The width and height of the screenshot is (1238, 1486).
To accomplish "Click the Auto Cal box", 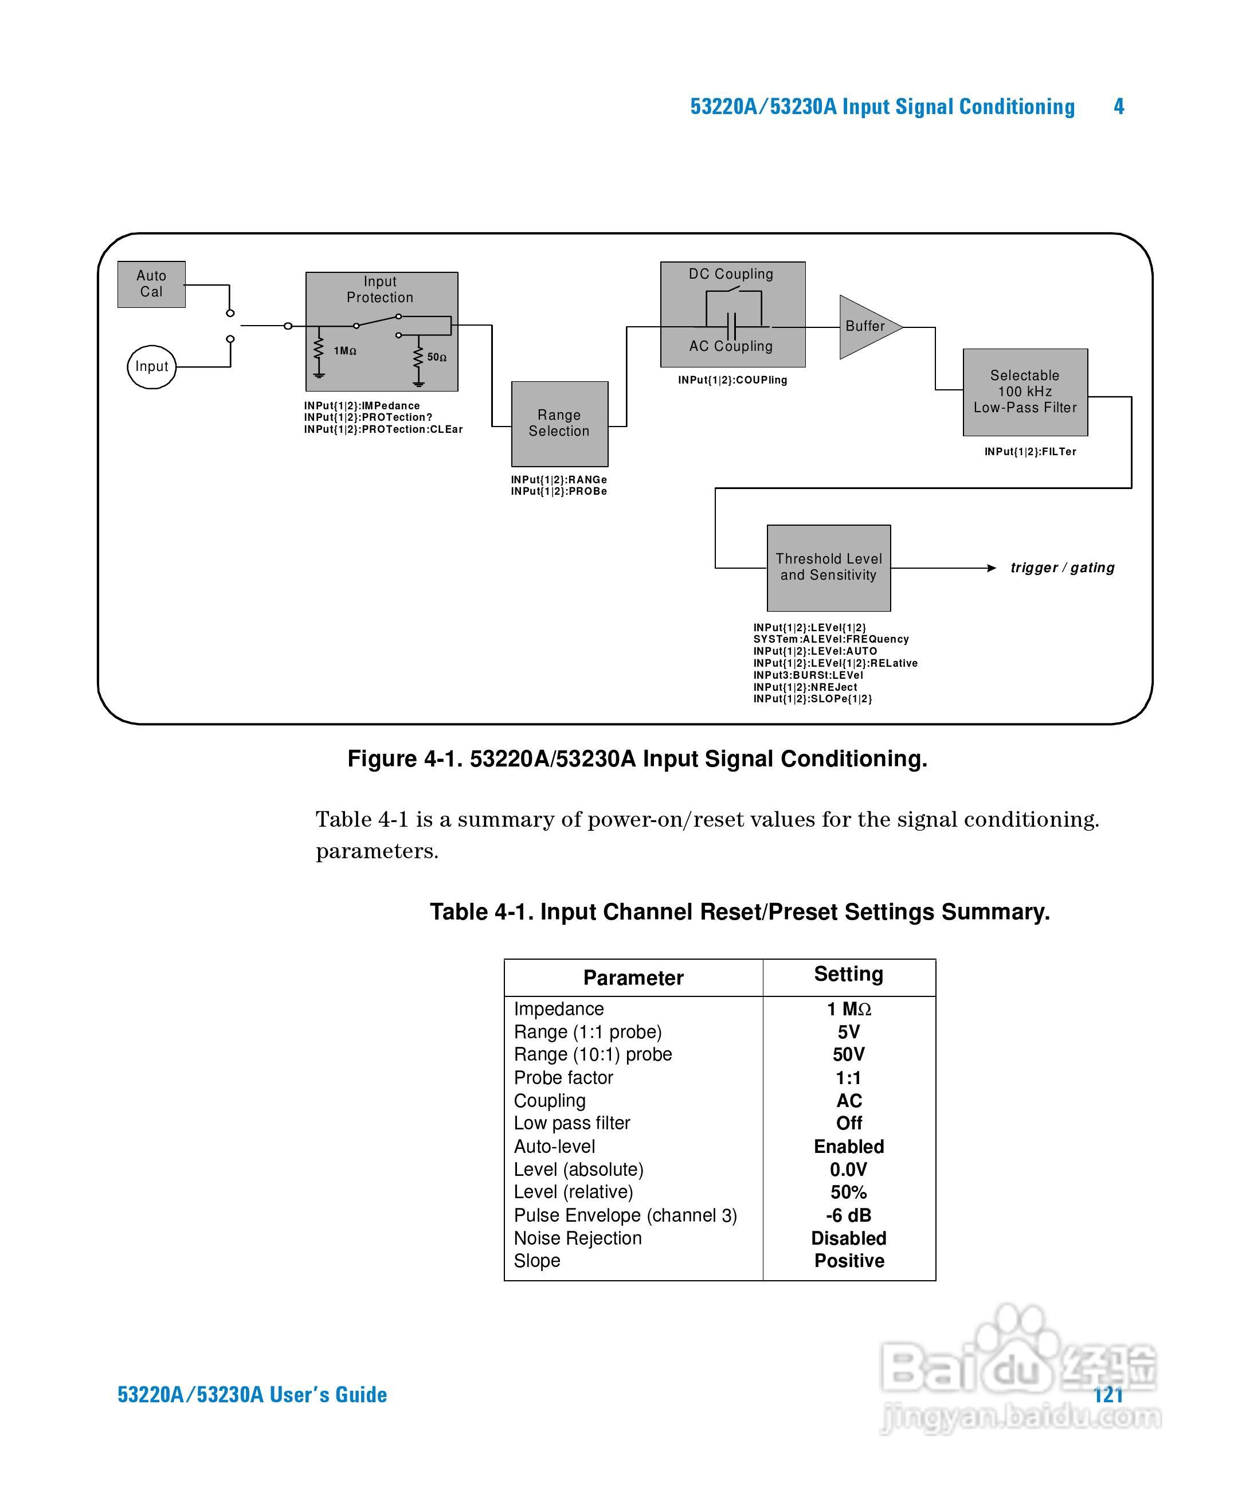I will pos(151,284).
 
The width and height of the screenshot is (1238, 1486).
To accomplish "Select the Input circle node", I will pos(151,366).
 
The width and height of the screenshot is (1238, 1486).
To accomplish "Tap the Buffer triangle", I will pos(866,326).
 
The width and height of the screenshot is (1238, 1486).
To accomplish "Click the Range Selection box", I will pos(559,423).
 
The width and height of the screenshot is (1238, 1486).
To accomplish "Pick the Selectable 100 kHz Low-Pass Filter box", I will pos(1024,392).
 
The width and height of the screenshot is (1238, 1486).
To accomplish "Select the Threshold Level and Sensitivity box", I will pos(828,567).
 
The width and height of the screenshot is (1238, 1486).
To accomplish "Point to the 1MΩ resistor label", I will pos(345,351).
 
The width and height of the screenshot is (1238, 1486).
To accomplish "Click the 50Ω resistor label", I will pos(437,357).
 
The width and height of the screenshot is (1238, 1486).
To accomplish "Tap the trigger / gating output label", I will pos(1062,568).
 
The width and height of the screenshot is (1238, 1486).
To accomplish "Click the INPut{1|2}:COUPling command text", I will pos(732,380).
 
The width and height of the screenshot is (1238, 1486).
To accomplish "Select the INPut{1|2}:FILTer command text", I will pos(1030,451).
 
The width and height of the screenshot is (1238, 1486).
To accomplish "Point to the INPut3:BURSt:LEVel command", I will pos(808,675).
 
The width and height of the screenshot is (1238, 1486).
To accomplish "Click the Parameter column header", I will pos(633,978).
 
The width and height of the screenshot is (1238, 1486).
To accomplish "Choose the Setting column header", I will pos(848,975).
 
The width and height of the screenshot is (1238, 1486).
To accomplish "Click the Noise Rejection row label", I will pos(577,1238).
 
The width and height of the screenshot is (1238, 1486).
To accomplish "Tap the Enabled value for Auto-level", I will pos(848,1147).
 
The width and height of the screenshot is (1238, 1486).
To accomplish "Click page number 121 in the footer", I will pos(1108,1395).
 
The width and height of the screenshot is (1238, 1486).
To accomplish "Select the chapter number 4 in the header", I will pos(1118,106).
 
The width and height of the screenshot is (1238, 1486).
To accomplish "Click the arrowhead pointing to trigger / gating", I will pos(992,568).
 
